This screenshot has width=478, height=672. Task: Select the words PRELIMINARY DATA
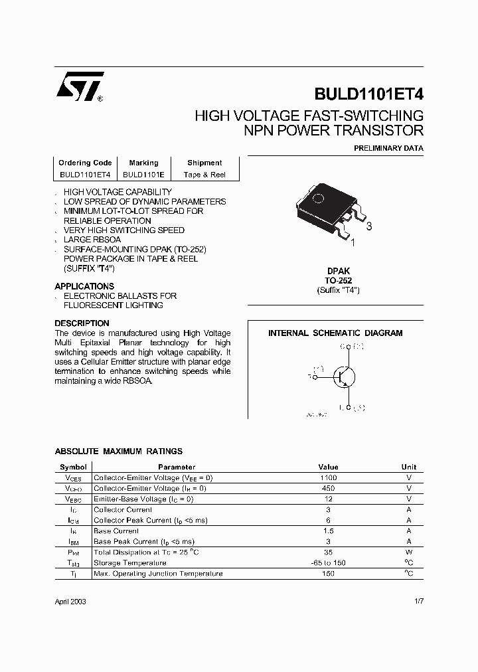(x=388, y=148)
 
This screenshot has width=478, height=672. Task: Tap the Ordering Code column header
(x=85, y=163)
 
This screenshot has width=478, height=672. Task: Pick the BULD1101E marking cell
(x=143, y=175)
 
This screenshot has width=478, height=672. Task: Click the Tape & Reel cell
(x=204, y=175)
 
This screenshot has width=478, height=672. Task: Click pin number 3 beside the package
(x=369, y=227)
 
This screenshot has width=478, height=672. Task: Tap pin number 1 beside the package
(x=353, y=243)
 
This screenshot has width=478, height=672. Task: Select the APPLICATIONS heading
(x=84, y=286)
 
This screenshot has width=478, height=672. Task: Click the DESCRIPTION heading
(x=82, y=323)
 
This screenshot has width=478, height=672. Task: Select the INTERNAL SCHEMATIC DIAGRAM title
(x=335, y=333)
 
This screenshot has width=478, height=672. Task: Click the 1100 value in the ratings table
(x=328, y=477)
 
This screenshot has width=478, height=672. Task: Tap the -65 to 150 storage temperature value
(x=328, y=562)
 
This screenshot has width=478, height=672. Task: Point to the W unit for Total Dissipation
(x=409, y=552)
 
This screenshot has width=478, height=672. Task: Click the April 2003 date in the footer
(x=70, y=601)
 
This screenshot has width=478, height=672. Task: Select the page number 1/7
(x=418, y=601)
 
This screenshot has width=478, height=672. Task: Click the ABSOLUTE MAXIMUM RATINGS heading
(x=118, y=452)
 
